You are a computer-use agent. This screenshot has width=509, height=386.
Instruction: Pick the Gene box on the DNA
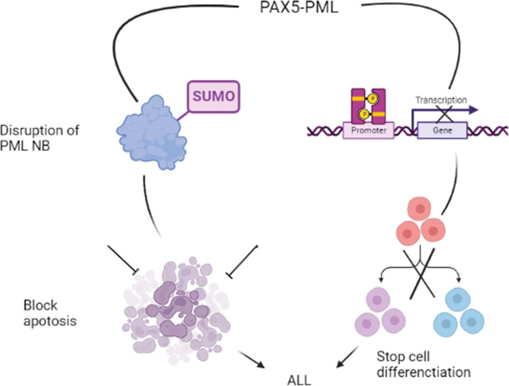click(442, 132)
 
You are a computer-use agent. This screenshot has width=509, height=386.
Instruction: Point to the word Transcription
click(441, 100)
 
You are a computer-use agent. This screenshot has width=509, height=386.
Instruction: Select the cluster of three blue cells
click(472, 310)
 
